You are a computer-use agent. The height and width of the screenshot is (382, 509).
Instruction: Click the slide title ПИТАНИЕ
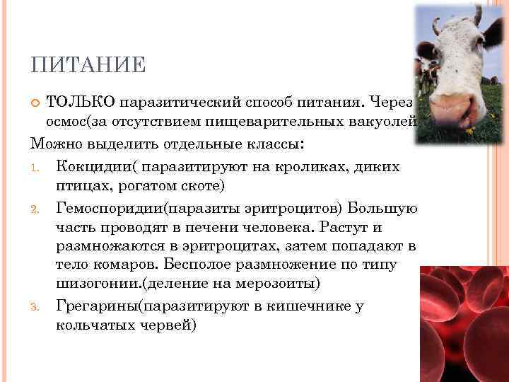pyautogui.click(x=88, y=66)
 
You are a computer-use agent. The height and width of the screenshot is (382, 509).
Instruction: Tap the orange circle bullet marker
pyautogui.click(x=37, y=105)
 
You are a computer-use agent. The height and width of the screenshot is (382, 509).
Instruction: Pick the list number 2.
pyautogui.click(x=36, y=210)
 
